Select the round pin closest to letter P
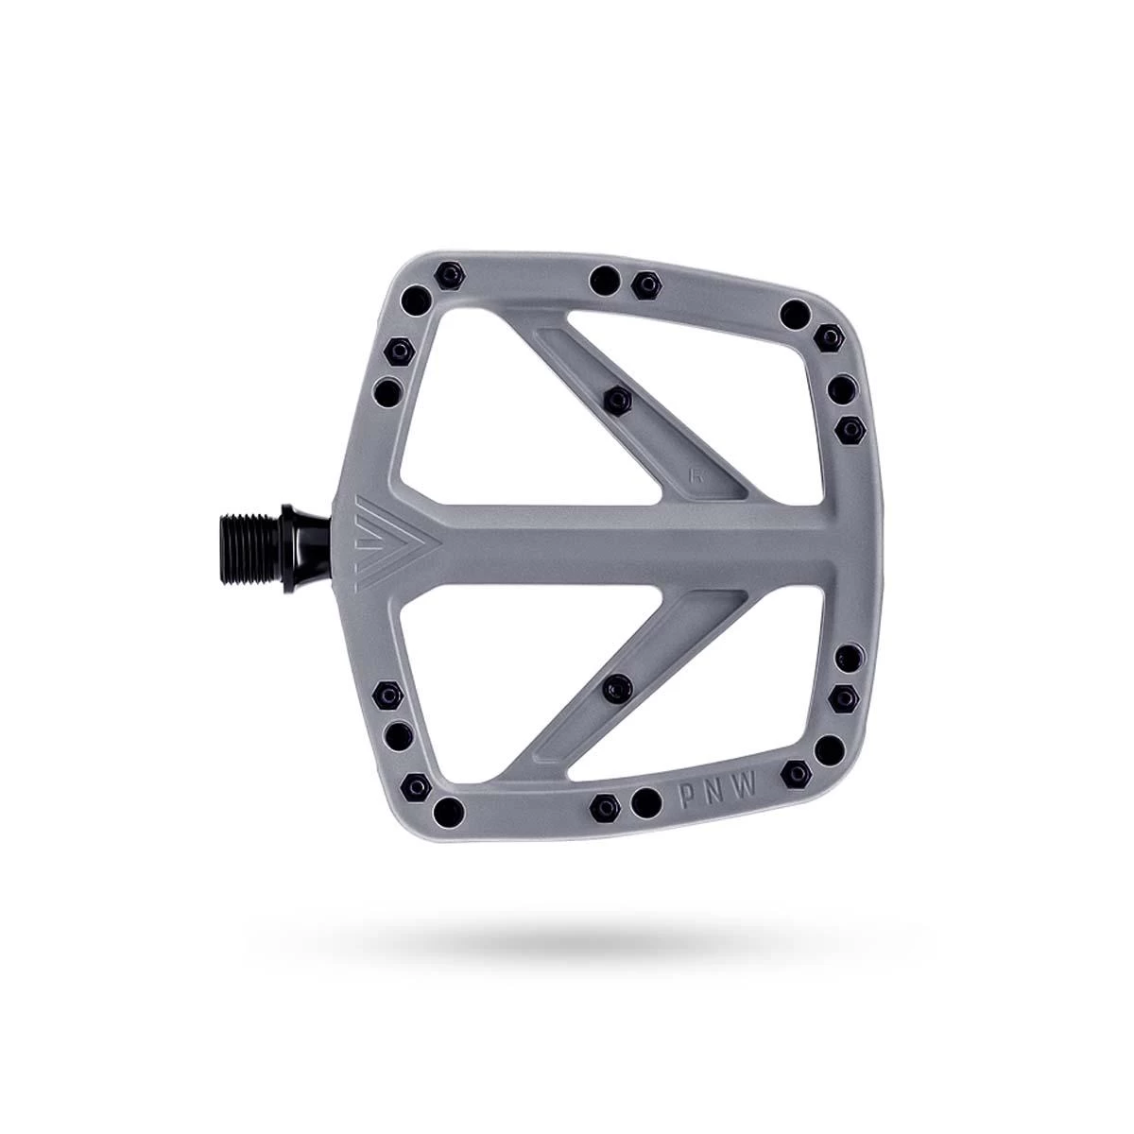point(645,802)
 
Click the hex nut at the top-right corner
point(828,335)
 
